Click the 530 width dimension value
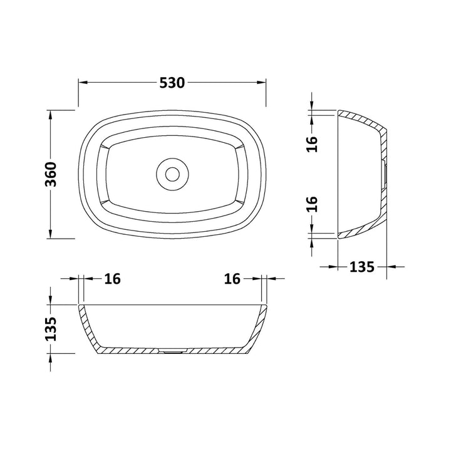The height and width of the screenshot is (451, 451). click(x=172, y=83)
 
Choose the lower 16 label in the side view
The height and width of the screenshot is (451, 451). click(x=313, y=204)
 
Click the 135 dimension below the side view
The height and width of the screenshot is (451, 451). click(x=361, y=266)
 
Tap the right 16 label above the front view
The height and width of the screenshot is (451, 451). click(x=232, y=279)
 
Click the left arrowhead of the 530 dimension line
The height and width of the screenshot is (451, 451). click(x=82, y=83)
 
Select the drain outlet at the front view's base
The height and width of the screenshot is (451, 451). click(x=171, y=352)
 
